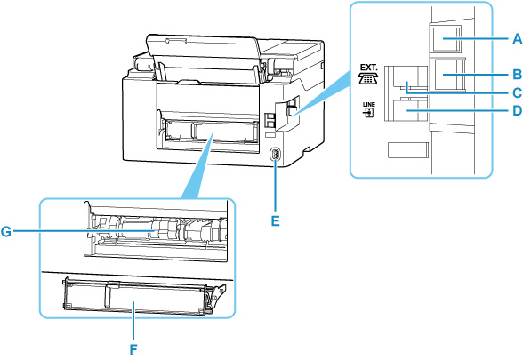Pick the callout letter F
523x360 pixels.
point(133,349)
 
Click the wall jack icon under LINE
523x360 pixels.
point(366,121)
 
